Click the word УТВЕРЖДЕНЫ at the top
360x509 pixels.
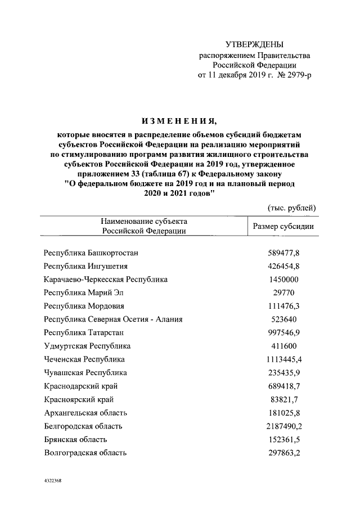254,44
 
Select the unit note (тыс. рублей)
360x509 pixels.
292,208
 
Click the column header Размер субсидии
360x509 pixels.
283,227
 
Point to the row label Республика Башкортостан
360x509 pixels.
91,253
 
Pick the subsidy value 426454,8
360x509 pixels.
283,266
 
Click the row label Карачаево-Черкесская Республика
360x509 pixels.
106,279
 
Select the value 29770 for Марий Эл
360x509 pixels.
283,292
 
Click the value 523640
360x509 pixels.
283,319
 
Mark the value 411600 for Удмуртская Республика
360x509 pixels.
283,345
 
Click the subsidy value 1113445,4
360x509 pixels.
283,359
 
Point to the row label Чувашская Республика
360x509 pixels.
85,372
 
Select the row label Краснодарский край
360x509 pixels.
80,386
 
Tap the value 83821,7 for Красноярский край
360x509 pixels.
283,399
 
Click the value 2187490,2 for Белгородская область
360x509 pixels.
283,426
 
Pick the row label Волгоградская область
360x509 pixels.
85,452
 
